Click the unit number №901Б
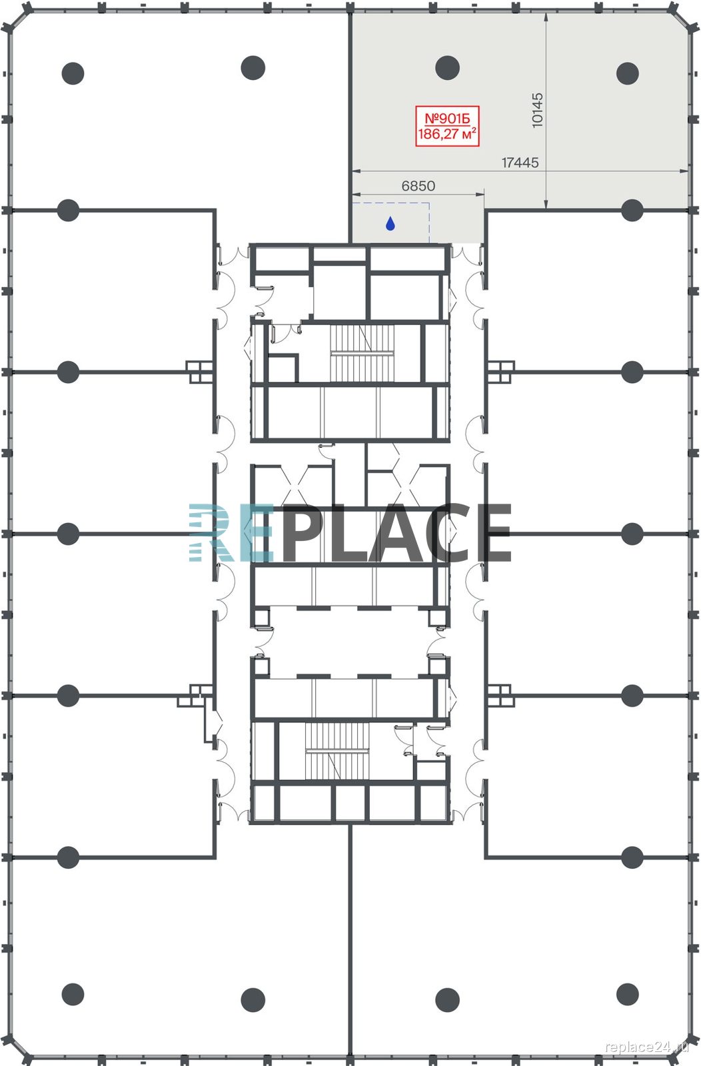[x=447, y=118]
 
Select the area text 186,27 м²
[x=447, y=134]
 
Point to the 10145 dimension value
[x=537, y=110]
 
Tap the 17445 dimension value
[x=520, y=163]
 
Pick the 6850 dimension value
[x=418, y=186]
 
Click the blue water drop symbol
[x=390, y=223]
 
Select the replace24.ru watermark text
[x=647, y=1047]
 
